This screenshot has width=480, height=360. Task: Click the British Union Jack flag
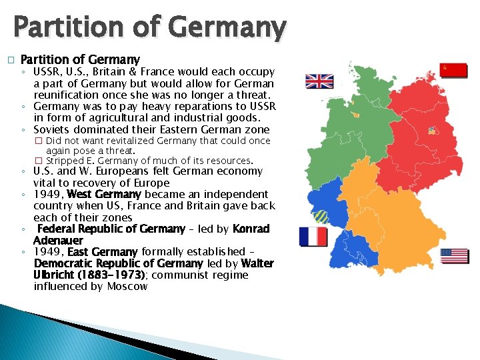(x=319, y=81)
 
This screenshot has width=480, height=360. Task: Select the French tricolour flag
(x=313, y=237)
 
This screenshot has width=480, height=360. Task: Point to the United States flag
(x=455, y=255)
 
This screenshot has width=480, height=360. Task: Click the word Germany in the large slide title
(x=227, y=28)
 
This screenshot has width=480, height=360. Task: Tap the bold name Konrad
(x=251, y=229)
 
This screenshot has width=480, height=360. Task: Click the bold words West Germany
(x=104, y=194)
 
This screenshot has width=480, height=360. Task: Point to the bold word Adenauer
(x=59, y=240)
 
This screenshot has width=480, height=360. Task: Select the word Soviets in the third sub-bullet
(x=52, y=129)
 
